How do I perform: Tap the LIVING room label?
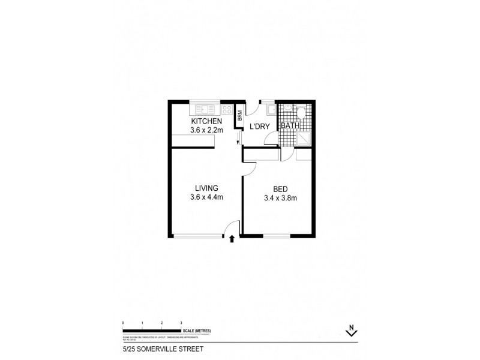(206, 188)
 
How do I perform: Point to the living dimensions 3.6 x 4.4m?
(206, 197)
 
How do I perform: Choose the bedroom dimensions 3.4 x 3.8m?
(280, 198)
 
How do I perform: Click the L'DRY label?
(259, 126)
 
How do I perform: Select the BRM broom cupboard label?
(239, 116)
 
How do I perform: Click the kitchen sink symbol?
(205, 110)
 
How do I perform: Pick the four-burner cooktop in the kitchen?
(226, 110)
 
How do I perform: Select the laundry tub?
(271, 110)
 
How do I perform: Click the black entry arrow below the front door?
(232, 239)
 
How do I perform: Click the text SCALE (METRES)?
(197, 331)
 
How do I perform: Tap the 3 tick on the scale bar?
(181, 323)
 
